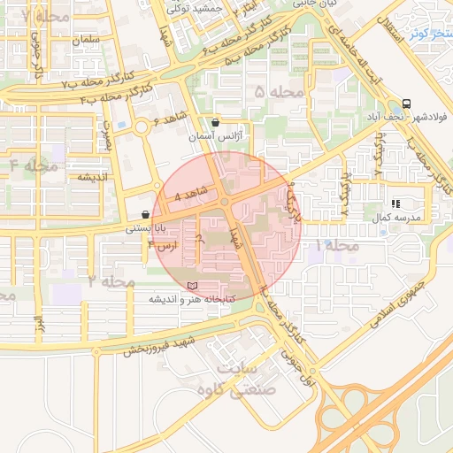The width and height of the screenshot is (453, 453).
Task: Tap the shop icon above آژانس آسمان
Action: tap(217, 123)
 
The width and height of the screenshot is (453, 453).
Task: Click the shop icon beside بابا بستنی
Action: tap(145, 214)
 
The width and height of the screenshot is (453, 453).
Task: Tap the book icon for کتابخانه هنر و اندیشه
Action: tap(193, 286)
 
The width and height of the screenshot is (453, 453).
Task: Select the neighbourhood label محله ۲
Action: tap(111, 281)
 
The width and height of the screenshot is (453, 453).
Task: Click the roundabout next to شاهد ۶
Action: tap(140, 127)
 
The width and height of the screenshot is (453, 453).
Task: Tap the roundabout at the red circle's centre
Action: tap(226, 203)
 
